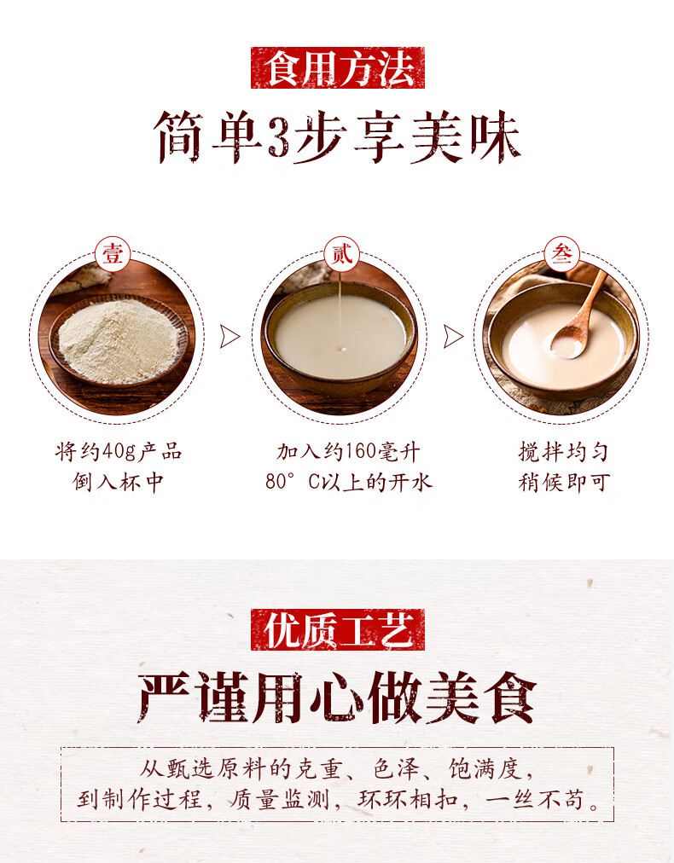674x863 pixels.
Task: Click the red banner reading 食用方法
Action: click(337, 68)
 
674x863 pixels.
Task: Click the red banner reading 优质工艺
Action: click(337, 630)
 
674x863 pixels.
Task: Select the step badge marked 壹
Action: click(113, 253)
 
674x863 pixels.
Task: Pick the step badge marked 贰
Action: click(340, 253)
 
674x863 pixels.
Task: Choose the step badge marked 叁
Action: click(561, 253)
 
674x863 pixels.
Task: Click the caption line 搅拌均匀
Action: click(564, 452)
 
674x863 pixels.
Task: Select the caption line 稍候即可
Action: click(564, 482)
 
